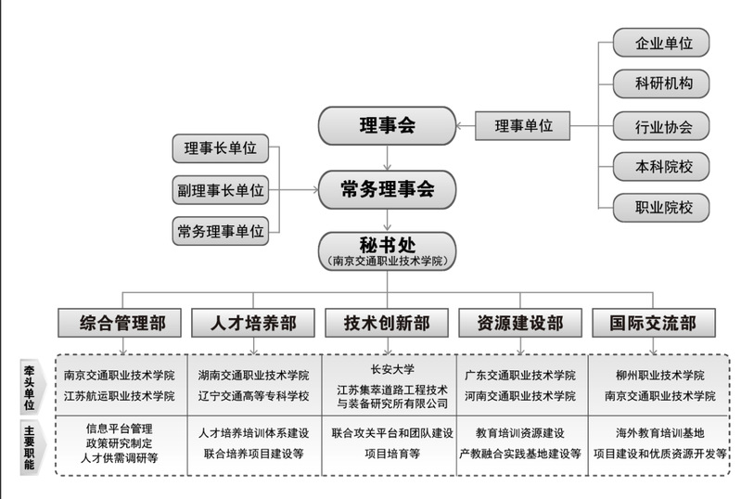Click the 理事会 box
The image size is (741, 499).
click(387, 125)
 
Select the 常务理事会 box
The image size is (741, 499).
click(387, 190)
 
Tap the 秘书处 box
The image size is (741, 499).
click(388, 250)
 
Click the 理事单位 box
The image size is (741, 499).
click(523, 125)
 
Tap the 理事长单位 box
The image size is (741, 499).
click(220, 148)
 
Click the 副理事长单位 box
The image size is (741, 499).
click(220, 190)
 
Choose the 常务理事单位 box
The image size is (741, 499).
click(220, 229)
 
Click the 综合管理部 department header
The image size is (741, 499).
click(122, 323)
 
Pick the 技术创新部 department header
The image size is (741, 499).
click(387, 323)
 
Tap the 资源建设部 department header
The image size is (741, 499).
click(519, 323)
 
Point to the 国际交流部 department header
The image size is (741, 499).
click(653, 323)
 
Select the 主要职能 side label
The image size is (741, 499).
click(29, 445)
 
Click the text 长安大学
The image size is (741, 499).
click(390, 369)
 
